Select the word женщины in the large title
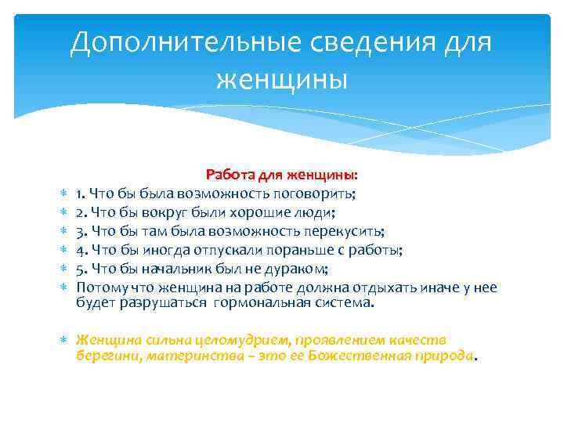tap(281, 79)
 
